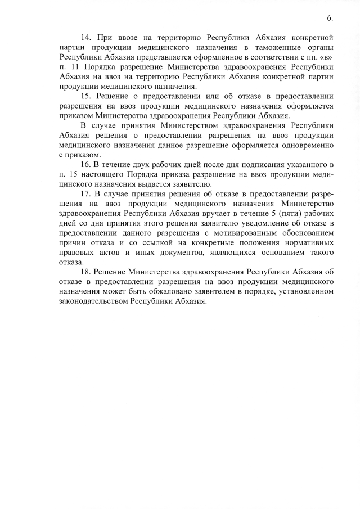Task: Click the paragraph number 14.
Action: click(87, 37)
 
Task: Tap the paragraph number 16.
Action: click(87, 164)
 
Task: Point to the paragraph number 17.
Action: click(87, 195)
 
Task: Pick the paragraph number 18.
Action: click(87, 272)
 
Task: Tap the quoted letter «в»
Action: click(327, 57)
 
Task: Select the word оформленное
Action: click(213, 57)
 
